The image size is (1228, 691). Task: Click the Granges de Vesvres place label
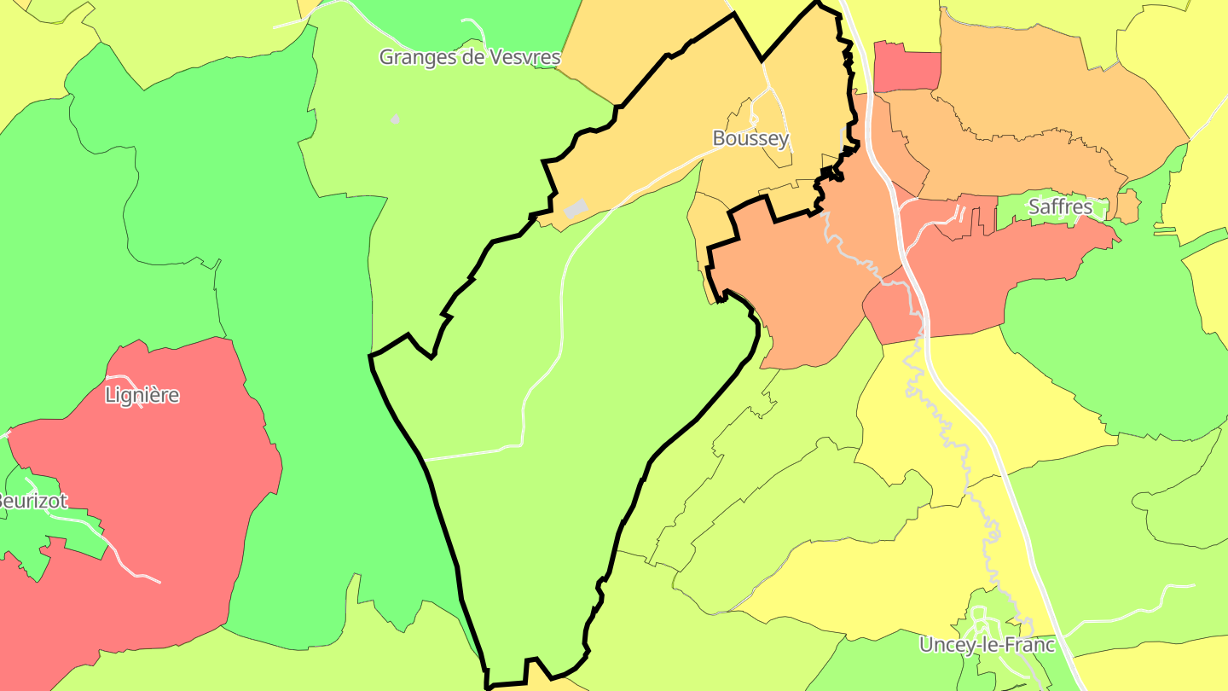(469, 57)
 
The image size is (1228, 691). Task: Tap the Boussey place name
(750, 138)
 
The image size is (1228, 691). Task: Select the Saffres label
(1060, 206)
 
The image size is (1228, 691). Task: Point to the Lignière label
(142, 395)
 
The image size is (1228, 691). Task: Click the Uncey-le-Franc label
(987, 645)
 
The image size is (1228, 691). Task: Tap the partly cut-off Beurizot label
(32, 501)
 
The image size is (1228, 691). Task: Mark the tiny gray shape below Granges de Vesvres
(395, 119)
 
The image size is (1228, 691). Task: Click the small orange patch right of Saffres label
(1127, 206)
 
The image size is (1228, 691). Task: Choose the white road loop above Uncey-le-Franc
(979, 616)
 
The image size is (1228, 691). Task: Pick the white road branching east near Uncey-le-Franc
(1134, 597)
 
